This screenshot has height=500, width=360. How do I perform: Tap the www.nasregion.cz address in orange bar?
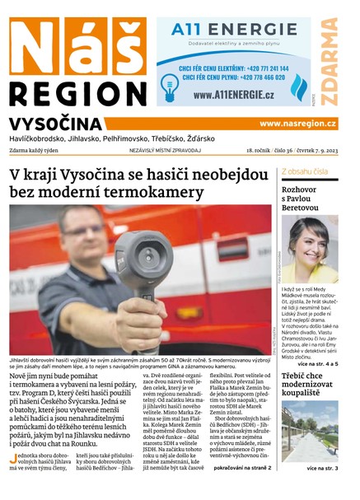pos(297,124)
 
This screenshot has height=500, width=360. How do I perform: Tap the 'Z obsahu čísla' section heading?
pos(305,171)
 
